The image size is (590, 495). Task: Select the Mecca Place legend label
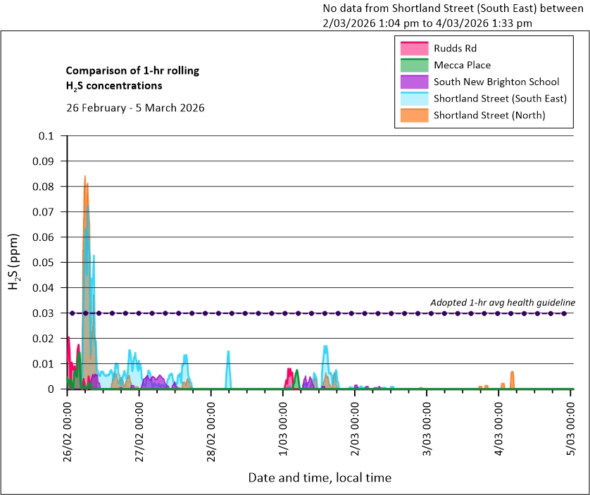pyautogui.click(x=462, y=65)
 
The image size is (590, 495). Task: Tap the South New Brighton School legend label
pyautogui.click(x=496, y=82)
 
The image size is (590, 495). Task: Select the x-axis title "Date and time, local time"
pyautogui.click(x=319, y=477)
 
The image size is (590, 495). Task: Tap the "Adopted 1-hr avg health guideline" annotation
pyautogui.click(x=503, y=302)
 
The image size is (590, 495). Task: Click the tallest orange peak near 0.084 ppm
pyautogui.click(x=85, y=177)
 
